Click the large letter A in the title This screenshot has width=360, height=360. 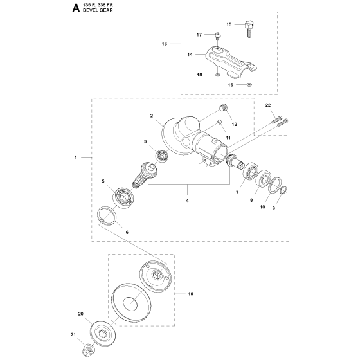tap(76, 8)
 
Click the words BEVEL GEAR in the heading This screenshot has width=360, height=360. tap(98, 10)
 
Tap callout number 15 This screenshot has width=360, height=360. tap(229, 24)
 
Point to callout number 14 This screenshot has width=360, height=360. tap(190, 55)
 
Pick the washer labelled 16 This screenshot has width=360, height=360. tap(249, 85)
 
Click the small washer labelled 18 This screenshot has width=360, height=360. tap(217, 75)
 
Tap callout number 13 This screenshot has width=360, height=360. tap(165, 44)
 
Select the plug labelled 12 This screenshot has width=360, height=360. tap(224, 107)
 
